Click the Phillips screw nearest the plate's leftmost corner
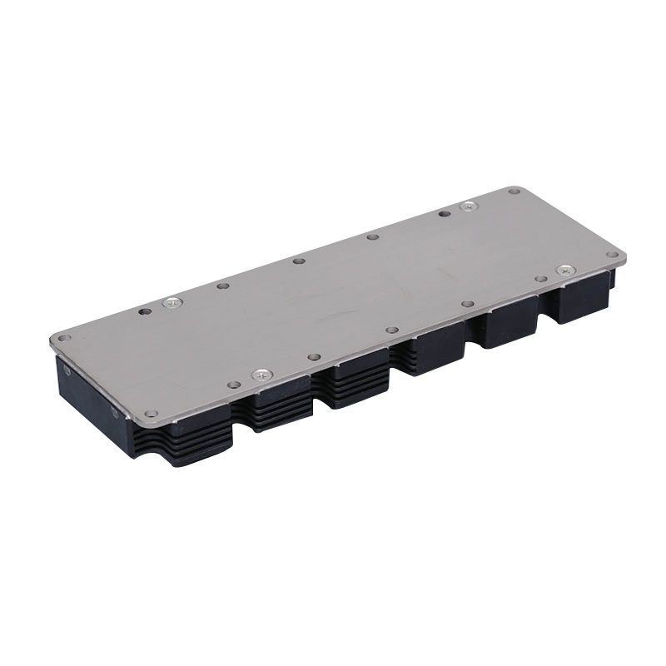(173, 302)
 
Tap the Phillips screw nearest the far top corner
(470, 206)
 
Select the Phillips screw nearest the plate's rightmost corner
(565, 270)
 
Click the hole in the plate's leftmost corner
(63, 339)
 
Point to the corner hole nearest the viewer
(151, 413)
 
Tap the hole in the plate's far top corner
(514, 191)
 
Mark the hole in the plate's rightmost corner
(612, 255)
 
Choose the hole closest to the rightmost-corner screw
(541, 279)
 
